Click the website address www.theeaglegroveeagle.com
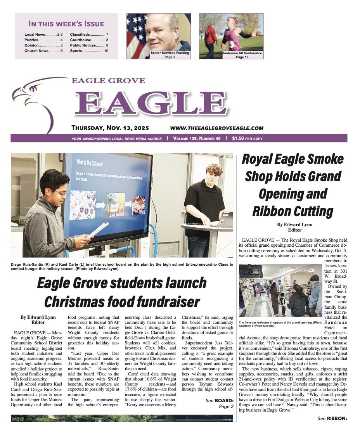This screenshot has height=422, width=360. click(216, 128)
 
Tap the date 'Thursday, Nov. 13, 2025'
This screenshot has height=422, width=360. click(110, 128)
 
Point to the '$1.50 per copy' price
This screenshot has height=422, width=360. click(247, 138)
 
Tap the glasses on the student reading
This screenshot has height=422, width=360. click(61, 192)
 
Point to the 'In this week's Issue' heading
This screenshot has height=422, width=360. click(66, 24)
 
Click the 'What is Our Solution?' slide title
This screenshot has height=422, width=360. click(92, 162)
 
